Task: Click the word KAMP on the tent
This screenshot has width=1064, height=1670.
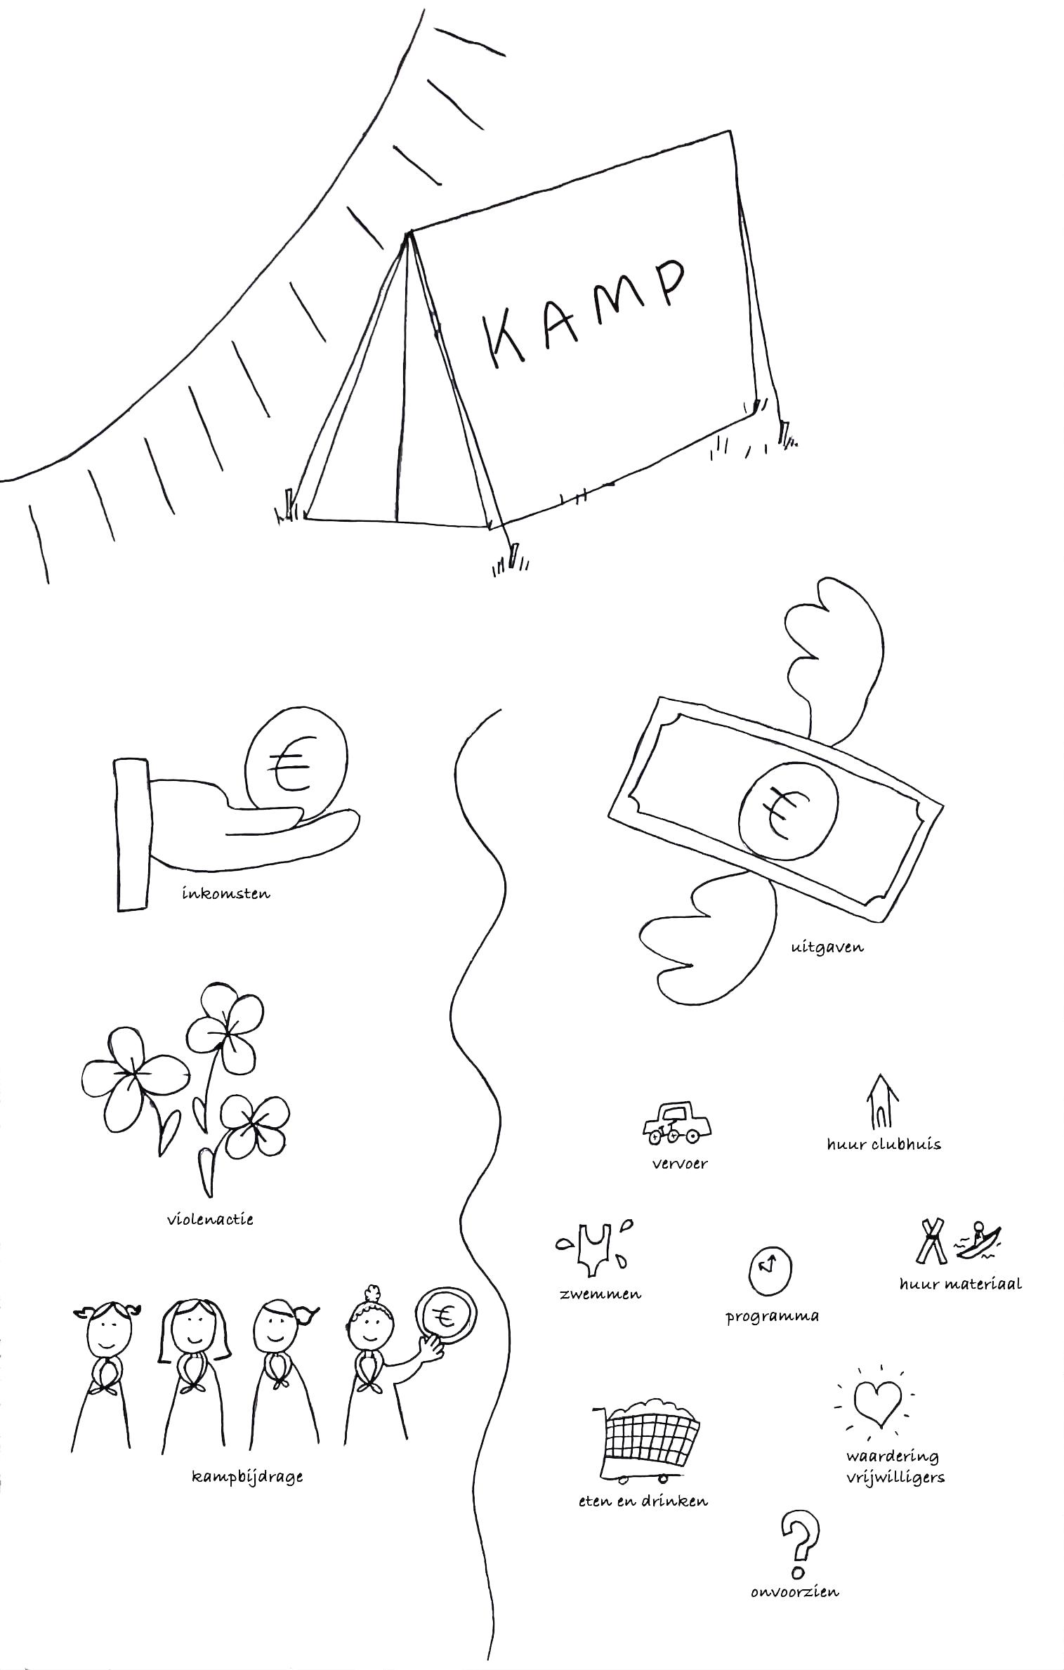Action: pyautogui.click(x=584, y=312)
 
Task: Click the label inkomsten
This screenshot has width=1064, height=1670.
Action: pyautogui.click(x=225, y=893)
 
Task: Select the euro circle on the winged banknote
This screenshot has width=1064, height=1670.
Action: pyautogui.click(x=787, y=813)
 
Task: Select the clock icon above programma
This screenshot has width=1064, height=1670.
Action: pyautogui.click(x=769, y=1270)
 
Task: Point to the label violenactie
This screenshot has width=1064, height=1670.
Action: pyautogui.click(x=209, y=1220)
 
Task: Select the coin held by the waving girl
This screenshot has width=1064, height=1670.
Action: pyautogui.click(x=445, y=1317)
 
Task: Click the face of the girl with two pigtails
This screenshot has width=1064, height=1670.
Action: pyautogui.click(x=110, y=1330)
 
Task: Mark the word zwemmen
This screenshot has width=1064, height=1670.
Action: pyautogui.click(x=600, y=1294)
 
